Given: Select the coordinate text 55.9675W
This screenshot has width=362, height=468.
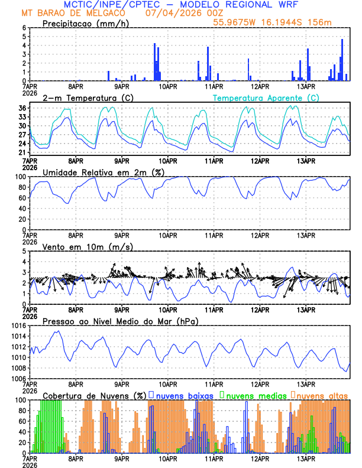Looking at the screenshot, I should tap(238, 22).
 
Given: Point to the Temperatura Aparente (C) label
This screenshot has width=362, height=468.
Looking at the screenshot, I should tap(266, 97).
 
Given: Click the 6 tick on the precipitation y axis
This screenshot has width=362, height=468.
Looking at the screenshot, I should tap(24, 28).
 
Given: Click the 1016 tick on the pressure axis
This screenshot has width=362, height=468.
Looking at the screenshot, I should tap(20, 326).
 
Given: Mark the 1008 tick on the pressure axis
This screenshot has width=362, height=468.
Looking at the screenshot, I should tap(20, 368).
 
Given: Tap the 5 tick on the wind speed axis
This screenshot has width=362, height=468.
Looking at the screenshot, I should tap(24, 251).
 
